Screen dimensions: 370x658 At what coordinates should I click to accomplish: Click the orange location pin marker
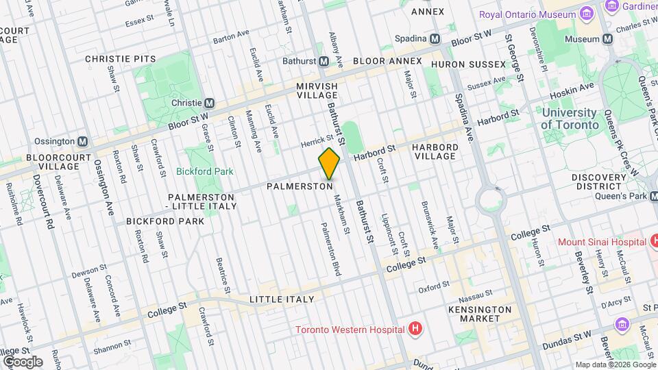329,164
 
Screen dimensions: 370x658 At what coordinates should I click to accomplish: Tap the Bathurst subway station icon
322,62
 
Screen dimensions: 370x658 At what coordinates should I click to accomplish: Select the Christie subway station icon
210,103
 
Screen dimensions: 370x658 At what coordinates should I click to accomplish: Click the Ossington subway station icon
83,141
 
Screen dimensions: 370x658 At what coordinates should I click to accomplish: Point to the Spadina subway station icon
435,38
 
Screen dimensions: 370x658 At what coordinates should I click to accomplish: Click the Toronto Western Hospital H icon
414,330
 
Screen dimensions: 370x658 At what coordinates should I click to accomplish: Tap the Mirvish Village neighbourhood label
317,91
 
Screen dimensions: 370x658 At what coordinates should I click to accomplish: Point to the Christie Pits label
121,60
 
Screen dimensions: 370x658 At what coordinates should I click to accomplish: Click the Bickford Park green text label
204,171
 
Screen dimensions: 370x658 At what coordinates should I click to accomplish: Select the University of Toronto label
568,119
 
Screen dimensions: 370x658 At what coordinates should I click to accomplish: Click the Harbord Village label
435,151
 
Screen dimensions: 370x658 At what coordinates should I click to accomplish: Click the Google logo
22,361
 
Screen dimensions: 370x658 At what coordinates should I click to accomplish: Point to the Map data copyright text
614,365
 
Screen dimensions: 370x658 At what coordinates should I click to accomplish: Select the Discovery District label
600,182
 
